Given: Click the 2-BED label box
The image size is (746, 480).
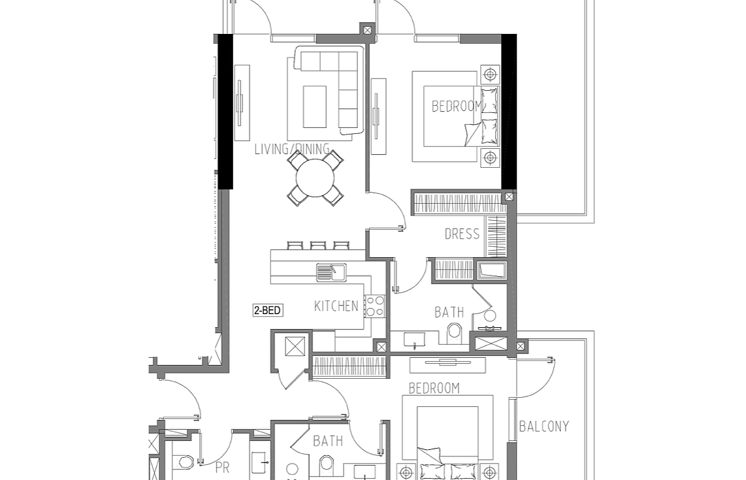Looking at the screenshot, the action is coord(267,311).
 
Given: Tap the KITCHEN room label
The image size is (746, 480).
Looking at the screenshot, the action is coord(336,306).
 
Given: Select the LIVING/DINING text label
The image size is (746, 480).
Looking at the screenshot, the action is coord(292,149).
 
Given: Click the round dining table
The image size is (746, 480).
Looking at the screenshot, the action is coord(315,178).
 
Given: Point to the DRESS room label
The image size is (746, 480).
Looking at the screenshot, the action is coord(462,234).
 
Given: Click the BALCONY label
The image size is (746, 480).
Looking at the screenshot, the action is coord(543,426).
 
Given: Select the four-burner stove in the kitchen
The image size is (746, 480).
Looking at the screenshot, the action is coord(374,306).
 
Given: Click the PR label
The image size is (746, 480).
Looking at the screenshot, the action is coord(222,468).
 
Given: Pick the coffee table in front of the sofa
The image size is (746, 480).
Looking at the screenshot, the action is coord(314,106).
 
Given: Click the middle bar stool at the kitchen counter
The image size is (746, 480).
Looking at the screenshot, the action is coord(317,246).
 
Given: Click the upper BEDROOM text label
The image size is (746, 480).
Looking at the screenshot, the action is coord(456,106).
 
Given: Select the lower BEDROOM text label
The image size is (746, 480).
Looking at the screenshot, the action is coord(434,388).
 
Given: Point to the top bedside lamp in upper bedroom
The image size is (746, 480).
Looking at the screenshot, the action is coord(490,74).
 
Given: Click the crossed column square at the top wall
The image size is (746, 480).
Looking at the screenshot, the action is coord(367,31).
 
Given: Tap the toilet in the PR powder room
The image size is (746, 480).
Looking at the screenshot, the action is coord(183,462).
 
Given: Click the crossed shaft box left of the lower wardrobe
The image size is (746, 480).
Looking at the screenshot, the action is coord(295,346).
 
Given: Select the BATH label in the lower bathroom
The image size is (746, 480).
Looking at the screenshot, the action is coord(328,441).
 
